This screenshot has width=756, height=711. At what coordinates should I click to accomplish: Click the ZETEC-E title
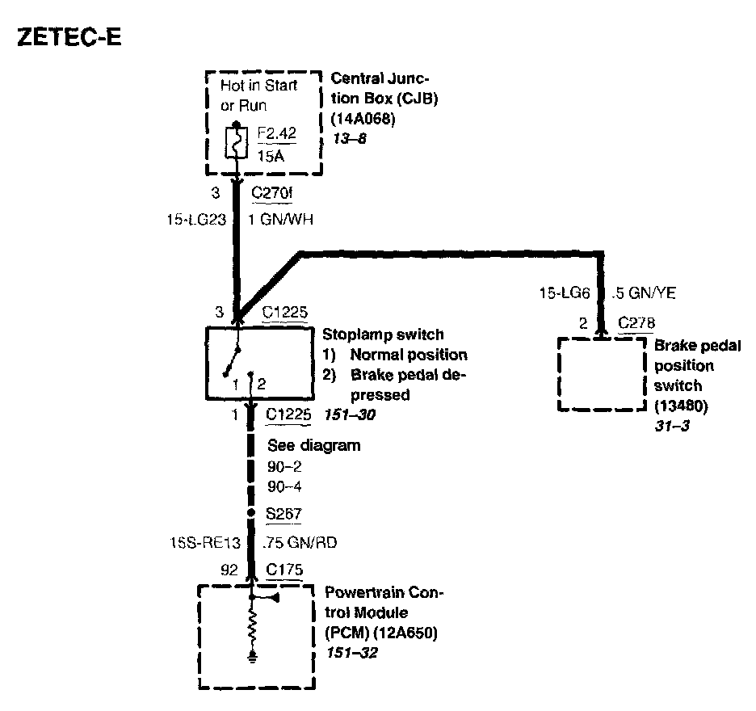point(69,38)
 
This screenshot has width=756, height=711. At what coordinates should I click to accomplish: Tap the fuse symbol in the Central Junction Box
point(236,142)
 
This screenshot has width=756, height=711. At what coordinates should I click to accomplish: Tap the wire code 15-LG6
point(566,293)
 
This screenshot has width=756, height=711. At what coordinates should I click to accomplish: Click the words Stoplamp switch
point(383,334)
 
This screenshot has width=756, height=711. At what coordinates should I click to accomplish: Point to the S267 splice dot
point(252,513)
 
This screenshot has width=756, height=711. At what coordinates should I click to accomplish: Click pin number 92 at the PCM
point(229,570)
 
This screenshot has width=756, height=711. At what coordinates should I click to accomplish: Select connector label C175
point(284,570)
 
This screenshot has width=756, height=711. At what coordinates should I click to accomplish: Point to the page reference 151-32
point(350,650)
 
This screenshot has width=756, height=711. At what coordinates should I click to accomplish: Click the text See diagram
point(313,445)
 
